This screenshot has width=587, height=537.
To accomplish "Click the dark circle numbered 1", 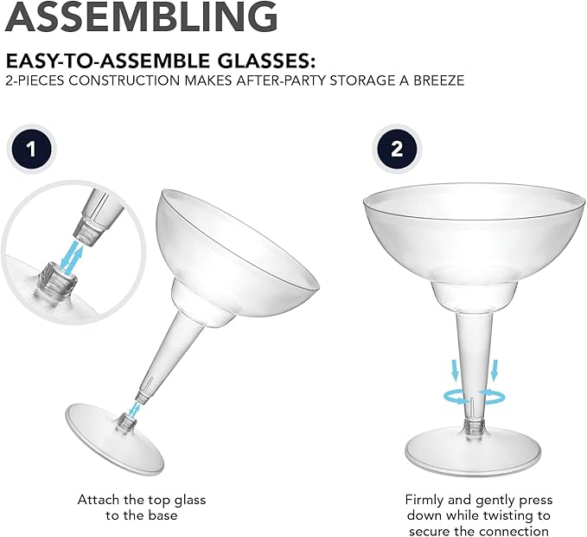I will tap(32, 149).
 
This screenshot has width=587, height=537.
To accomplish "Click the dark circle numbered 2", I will tap(397, 149).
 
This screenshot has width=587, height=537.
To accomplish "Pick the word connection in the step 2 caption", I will tap(517, 530).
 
